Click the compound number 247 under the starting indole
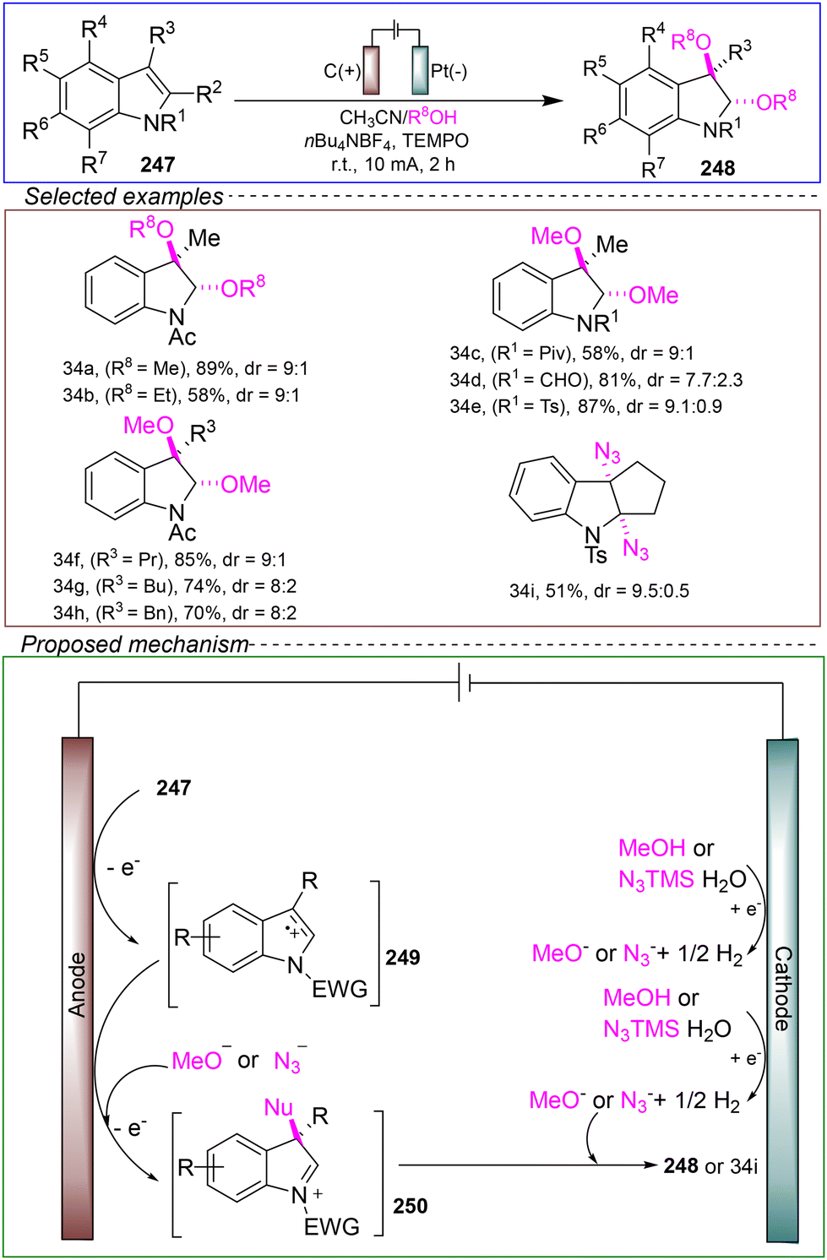pos(157,164)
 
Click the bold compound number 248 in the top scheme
pos(717,168)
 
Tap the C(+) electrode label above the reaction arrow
pos(341,72)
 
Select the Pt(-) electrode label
pos(449,72)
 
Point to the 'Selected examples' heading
pos(124,196)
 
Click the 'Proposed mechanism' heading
pos(134,644)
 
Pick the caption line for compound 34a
pos(185,368)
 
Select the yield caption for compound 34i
pos(599,590)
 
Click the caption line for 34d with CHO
pos(596,380)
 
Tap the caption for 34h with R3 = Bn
pos(175,612)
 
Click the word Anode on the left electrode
pos(77,985)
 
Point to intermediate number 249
pos(403,957)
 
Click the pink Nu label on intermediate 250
pos(279,1107)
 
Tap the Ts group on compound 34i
pos(597,555)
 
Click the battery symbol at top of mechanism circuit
pos(464,683)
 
